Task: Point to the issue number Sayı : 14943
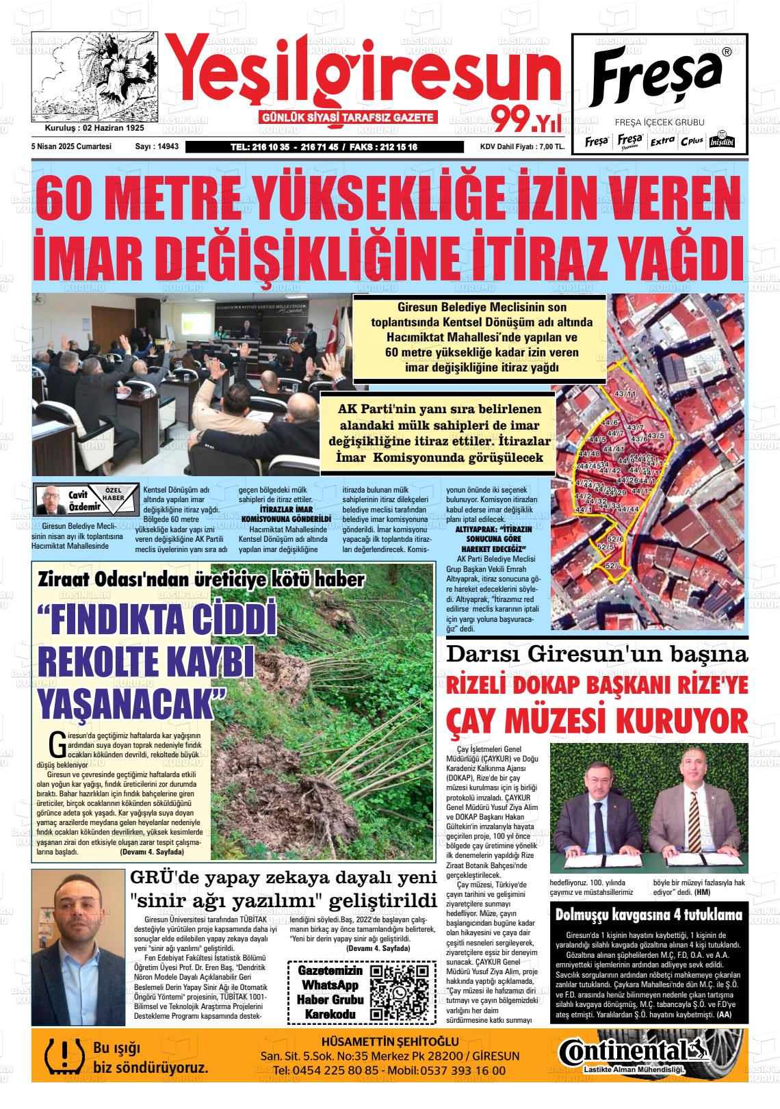[x=157, y=146]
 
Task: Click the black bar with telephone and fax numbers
[x=324, y=146]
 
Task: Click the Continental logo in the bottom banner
[x=625, y=1052]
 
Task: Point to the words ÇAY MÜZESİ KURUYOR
[x=596, y=721]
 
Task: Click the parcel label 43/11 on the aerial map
[x=625, y=394]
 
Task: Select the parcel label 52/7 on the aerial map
[x=613, y=566]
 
